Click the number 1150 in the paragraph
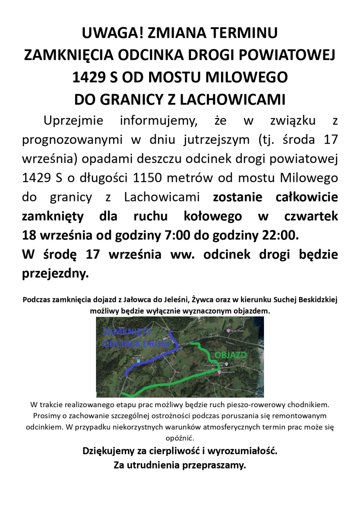(x=147, y=178)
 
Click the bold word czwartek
(x=311, y=216)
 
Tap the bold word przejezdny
(x=55, y=273)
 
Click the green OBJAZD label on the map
(x=230, y=355)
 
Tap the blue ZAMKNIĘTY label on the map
(x=127, y=332)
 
